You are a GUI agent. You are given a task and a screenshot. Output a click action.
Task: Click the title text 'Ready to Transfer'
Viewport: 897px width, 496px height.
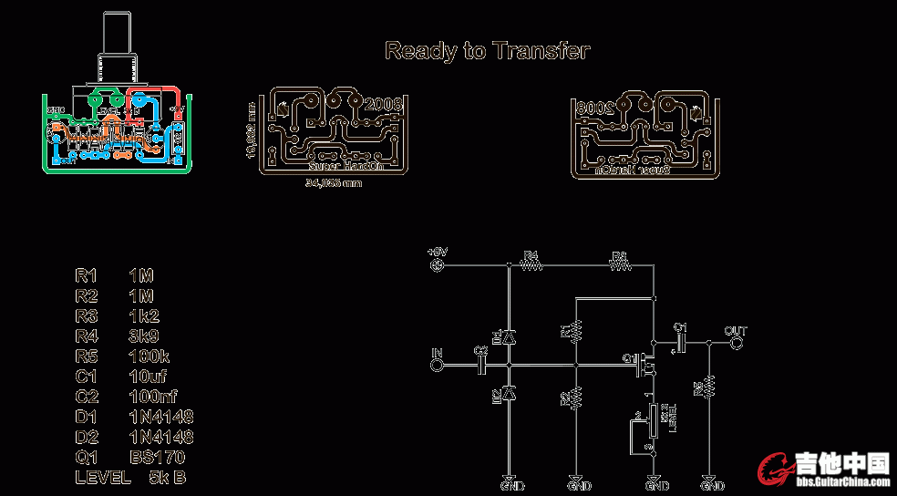click(x=487, y=50)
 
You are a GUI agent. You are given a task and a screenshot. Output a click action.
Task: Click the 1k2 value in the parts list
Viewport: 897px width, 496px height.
click(x=144, y=315)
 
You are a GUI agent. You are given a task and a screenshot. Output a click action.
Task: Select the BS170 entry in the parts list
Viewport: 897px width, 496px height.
click(x=156, y=457)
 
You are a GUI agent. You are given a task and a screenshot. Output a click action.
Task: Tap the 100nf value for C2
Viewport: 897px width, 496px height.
click(x=153, y=397)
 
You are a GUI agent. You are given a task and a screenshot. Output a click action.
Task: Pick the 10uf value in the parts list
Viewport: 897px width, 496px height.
click(x=149, y=376)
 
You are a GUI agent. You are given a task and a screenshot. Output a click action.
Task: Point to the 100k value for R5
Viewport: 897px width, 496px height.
click(x=149, y=356)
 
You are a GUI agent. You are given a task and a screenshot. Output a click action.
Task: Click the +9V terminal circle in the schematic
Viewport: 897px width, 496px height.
click(x=437, y=265)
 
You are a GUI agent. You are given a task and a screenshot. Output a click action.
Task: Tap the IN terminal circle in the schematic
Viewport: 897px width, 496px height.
click(x=437, y=365)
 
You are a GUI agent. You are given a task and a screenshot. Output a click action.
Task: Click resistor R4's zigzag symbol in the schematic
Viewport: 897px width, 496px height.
click(x=531, y=265)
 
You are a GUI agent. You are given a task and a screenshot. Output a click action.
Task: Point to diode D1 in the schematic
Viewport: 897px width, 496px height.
click(x=508, y=336)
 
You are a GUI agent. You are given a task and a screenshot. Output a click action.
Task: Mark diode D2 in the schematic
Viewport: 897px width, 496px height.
click(x=508, y=393)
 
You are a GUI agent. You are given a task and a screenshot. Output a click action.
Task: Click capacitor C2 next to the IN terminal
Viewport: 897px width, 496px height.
click(x=482, y=365)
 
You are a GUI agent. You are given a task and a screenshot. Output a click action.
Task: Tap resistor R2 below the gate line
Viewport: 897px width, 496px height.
click(x=576, y=398)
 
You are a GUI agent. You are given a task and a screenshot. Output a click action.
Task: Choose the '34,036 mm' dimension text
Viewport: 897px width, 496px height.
click(x=333, y=183)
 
